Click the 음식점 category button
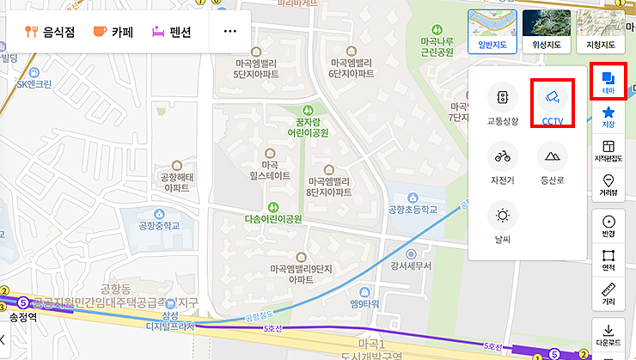point(50,32)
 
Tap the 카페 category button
point(113,32)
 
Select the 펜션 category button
point(171,32)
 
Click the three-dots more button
point(229,32)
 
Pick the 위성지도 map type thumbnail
point(547,31)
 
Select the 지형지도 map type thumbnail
point(601,31)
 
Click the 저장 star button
point(608,116)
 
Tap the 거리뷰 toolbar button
point(608,185)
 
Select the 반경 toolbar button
point(608,226)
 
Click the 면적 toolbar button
point(608,260)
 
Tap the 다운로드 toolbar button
point(608,333)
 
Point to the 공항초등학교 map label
point(413,210)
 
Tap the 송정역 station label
point(24,317)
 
